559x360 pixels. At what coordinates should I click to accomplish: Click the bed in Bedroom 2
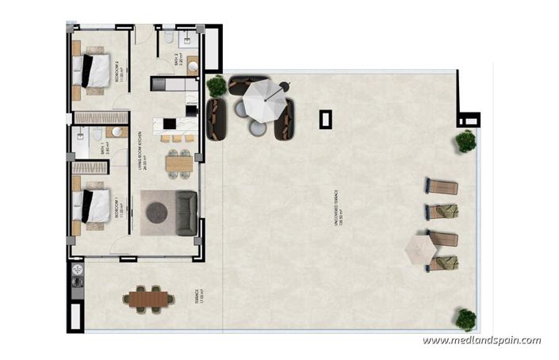pyautogui.click(x=93, y=71)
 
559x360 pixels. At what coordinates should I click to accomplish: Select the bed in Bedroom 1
pyautogui.click(x=93, y=205)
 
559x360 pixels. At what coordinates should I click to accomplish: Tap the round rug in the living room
pyautogui.click(x=157, y=212)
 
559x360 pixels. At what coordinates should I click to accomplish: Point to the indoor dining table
pyautogui.click(x=179, y=163)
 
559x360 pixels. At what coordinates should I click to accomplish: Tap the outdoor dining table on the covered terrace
pyautogui.click(x=148, y=299)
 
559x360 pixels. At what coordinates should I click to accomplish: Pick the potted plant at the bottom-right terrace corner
pyautogui.click(x=465, y=320)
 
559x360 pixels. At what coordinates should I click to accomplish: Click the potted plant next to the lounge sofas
pyautogui.click(x=216, y=86)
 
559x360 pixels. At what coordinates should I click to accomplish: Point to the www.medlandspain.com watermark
pyautogui.click(x=481, y=340)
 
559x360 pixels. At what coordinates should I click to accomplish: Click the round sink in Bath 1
pyautogui.click(x=116, y=132)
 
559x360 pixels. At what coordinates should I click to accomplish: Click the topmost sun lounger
pyautogui.click(x=442, y=187)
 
